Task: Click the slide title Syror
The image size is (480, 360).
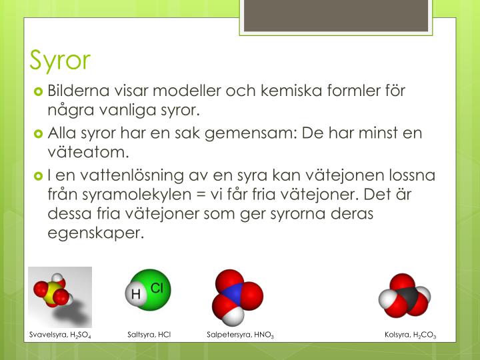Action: (60, 60)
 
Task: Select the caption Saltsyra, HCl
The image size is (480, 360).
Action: (149, 335)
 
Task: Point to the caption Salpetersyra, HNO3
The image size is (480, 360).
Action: (241, 335)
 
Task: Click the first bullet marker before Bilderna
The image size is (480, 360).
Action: (39, 91)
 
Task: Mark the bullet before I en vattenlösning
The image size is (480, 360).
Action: (39, 176)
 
